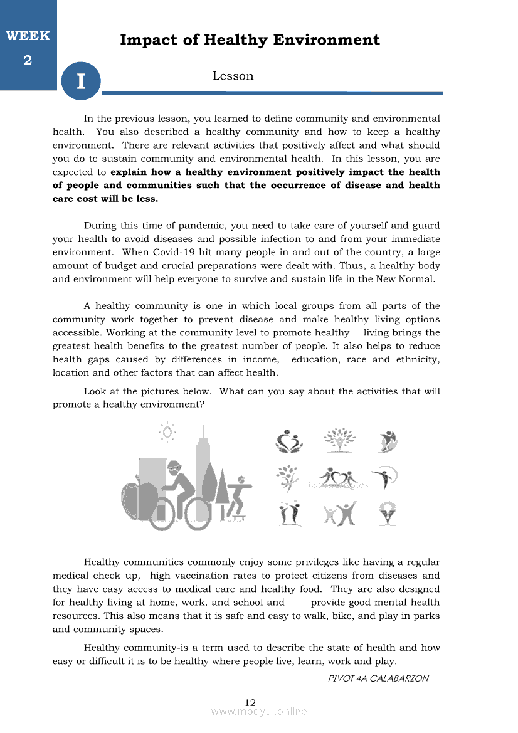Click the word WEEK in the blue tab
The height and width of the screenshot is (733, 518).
[x=28, y=36]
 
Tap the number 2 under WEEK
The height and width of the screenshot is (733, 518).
[x=28, y=60]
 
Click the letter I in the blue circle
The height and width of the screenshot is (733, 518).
[x=80, y=82]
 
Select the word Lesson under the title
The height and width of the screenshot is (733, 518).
[x=233, y=76]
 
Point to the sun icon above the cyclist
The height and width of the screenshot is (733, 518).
[x=167, y=431]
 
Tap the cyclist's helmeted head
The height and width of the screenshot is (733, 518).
[x=176, y=469]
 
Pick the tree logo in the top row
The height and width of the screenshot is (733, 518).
[x=339, y=441]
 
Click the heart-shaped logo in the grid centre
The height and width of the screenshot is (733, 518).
[x=339, y=478]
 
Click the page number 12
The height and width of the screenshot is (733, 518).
[x=250, y=702]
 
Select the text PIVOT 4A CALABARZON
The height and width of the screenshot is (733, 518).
[x=378, y=678]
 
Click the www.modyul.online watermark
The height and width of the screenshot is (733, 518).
[x=259, y=712]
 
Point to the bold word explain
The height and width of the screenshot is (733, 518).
[x=129, y=172]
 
